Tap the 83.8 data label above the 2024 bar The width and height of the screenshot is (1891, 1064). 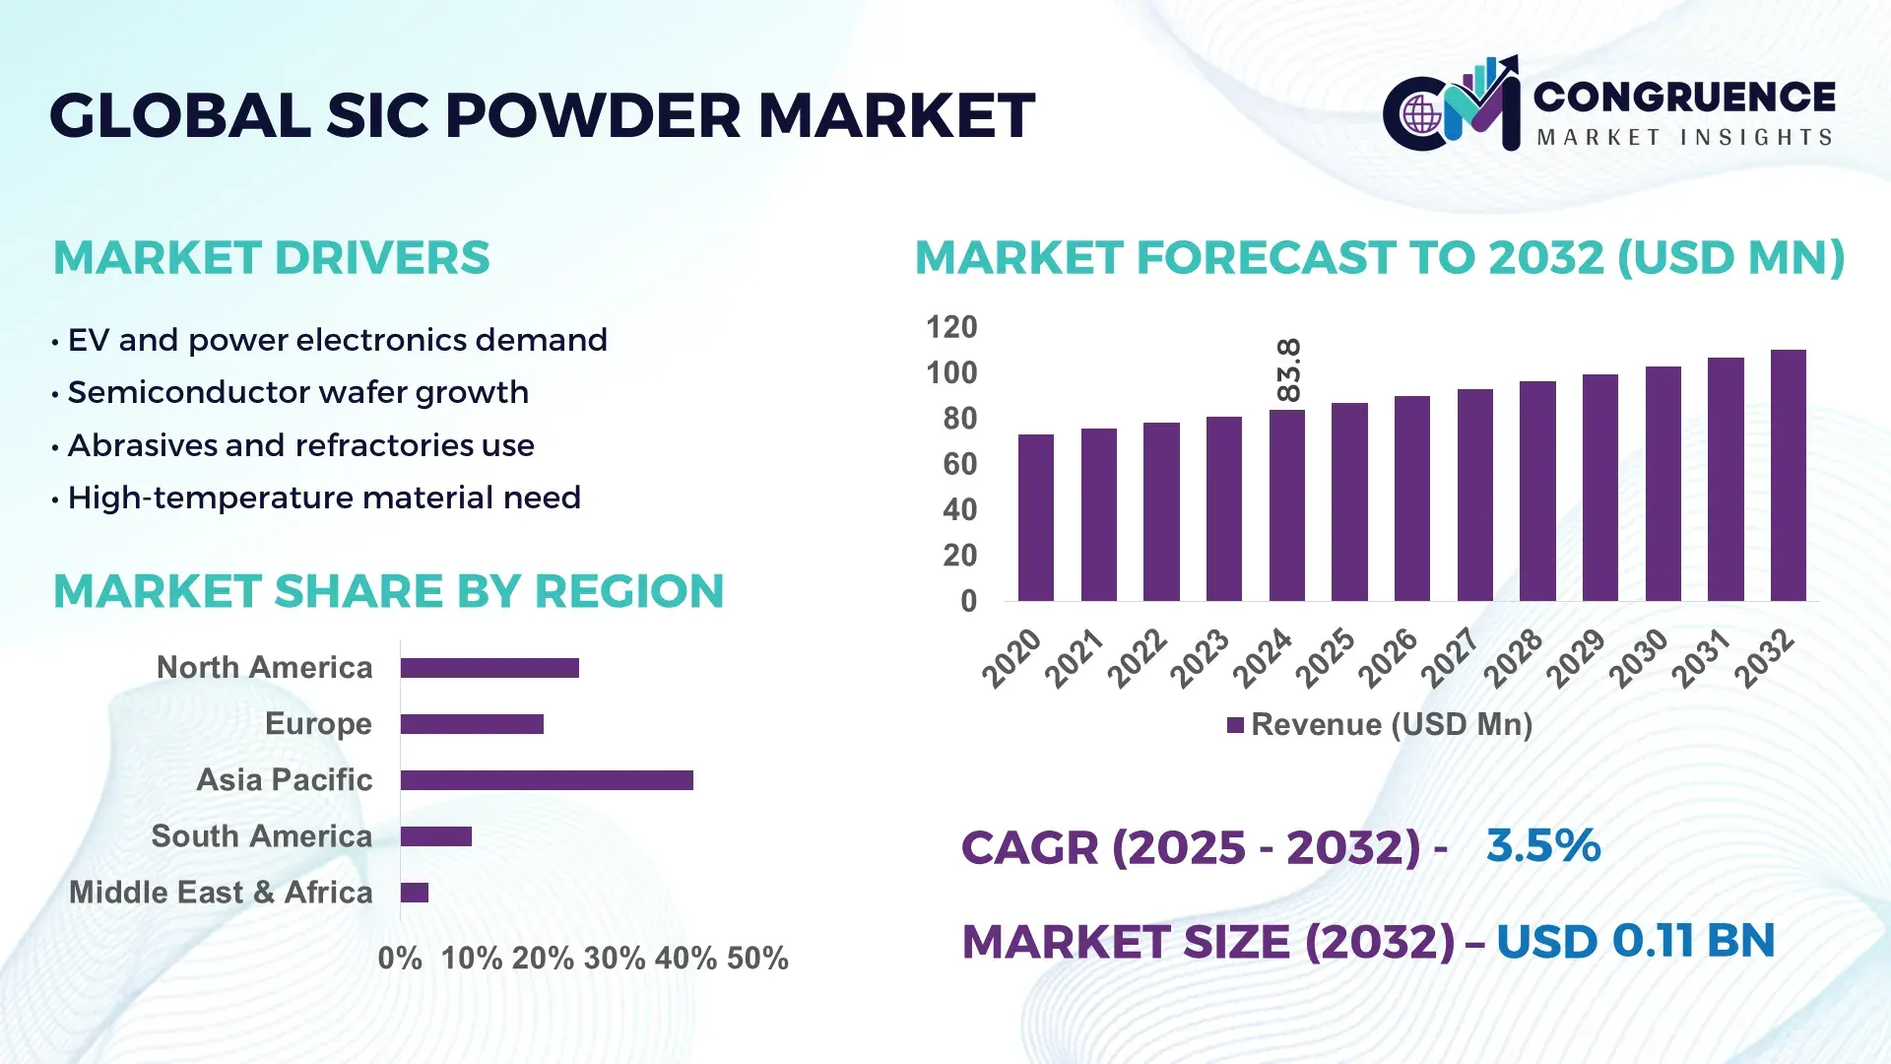(x=1287, y=369)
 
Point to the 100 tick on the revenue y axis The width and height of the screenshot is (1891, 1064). (x=951, y=373)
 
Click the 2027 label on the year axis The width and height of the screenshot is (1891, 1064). (x=1450, y=657)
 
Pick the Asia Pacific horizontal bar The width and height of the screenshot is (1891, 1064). (x=547, y=780)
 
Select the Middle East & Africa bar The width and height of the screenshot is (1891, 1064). (x=414, y=893)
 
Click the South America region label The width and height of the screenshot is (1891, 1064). (x=261, y=836)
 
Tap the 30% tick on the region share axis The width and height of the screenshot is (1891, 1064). (x=615, y=959)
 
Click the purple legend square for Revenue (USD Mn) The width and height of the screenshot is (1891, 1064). (x=1235, y=726)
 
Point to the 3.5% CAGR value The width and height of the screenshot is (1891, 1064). (x=1542, y=845)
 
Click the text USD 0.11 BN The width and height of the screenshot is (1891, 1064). (x=1635, y=941)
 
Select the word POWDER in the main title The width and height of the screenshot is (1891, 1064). (x=592, y=115)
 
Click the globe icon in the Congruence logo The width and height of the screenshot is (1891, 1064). (x=1421, y=115)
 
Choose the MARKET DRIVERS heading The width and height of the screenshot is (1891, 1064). (x=271, y=258)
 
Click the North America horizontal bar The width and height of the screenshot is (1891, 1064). (x=489, y=668)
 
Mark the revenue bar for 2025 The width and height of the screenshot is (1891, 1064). (x=1349, y=501)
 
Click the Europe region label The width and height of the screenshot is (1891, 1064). (x=318, y=724)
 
